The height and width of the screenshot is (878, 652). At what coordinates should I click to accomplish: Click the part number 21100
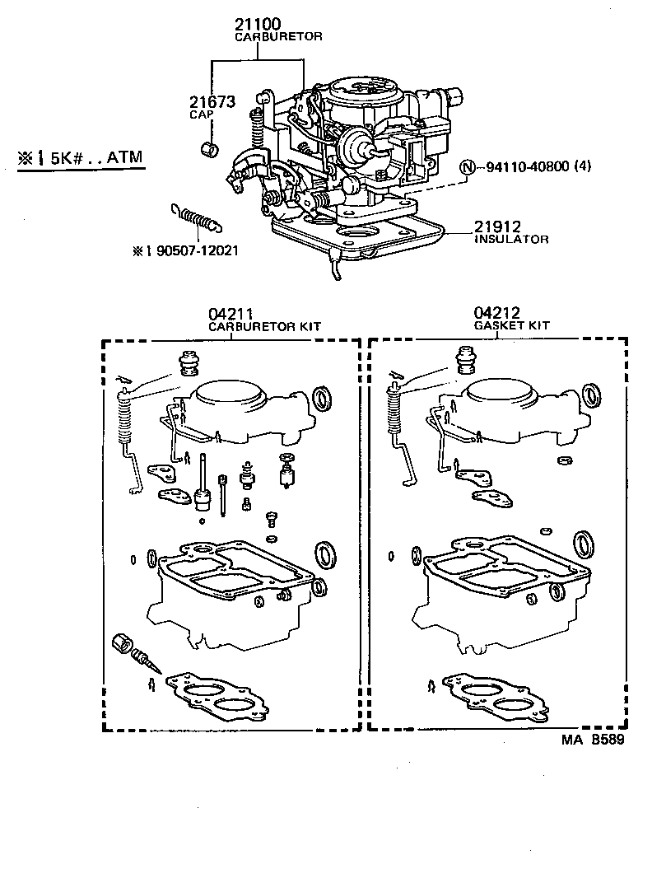(256, 26)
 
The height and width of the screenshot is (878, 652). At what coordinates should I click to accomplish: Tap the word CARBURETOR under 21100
(278, 37)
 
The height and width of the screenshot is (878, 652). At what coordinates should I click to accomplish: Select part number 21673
(212, 102)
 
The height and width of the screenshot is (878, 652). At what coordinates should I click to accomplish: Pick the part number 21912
(496, 227)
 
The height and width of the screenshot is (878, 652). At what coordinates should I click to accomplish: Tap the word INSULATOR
(511, 239)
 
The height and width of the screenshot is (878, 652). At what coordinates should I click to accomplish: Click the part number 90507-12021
(198, 250)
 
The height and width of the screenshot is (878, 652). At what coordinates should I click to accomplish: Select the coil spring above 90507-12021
(198, 218)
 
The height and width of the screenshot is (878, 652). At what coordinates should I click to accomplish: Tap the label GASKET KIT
(511, 325)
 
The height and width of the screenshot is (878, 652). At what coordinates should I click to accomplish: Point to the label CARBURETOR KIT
(263, 325)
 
